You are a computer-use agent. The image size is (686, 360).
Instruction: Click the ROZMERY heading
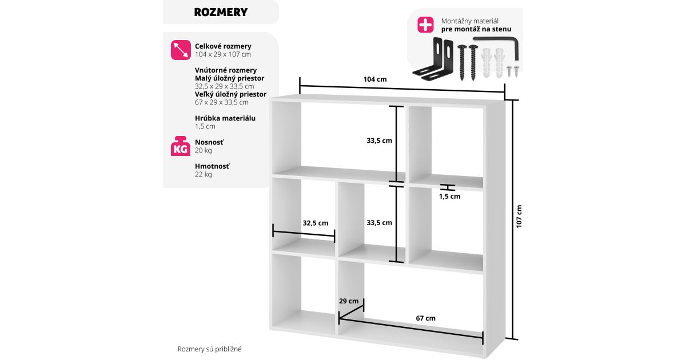tap(221, 13)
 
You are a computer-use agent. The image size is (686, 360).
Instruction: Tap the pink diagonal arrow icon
tap(181, 50)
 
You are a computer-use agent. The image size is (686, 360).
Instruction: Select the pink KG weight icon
tap(181, 146)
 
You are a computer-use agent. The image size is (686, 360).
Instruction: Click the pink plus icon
tap(425, 25)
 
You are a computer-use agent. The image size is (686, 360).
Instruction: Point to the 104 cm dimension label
tap(375, 79)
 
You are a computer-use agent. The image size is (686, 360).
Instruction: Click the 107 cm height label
tap(519, 217)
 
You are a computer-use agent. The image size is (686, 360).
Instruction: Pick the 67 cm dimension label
tap(425, 318)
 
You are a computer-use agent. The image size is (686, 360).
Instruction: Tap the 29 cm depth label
tap(349, 301)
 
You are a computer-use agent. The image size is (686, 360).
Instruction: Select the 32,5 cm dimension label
tap(316, 223)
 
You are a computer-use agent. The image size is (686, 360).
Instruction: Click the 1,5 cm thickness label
tap(449, 197)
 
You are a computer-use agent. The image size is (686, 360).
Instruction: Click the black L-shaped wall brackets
tap(433, 59)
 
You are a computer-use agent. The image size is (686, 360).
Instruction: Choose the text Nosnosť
tap(209, 142)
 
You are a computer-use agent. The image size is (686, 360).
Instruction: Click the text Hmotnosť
tap(212, 166)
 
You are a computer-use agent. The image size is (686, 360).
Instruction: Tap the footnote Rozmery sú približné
tap(210, 349)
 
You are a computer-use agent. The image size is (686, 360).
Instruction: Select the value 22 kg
tap(204, 174)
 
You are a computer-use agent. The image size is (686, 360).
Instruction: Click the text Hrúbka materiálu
tap(225, 118)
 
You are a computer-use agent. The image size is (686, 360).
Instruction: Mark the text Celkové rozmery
tap(223, 46)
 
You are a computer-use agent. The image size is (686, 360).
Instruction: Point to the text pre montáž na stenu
tap(476, 29)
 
